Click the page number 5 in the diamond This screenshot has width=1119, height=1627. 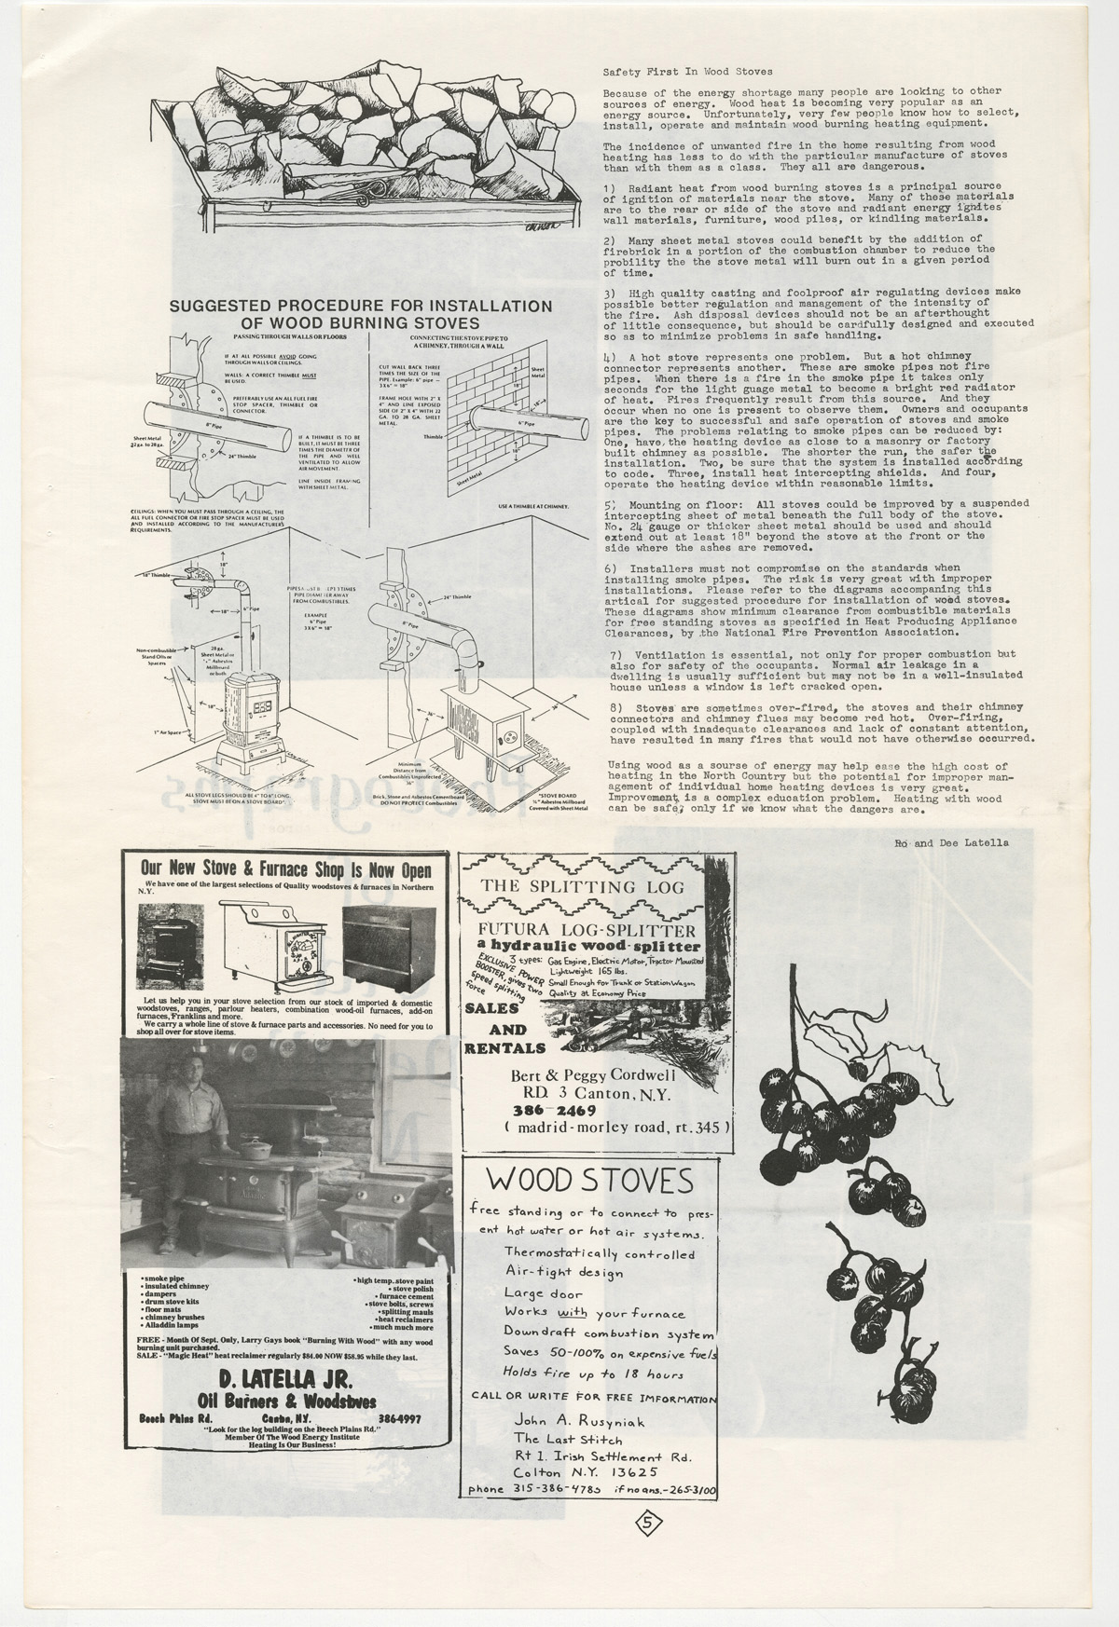click(651, 1524)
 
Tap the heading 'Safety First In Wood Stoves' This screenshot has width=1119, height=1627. click(687, 71)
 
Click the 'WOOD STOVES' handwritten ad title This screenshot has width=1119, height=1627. click(588, 1181)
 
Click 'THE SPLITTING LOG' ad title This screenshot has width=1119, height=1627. click(583, 886)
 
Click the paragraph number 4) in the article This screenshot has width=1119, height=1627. click(610, 357)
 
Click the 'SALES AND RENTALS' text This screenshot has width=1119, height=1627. click(504, 1031)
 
